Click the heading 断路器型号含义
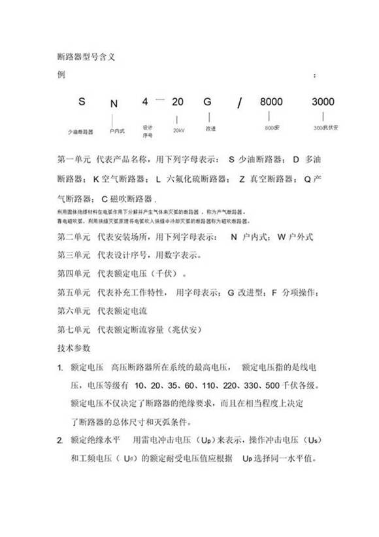87,57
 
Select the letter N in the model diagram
114,103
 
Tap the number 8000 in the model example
271,102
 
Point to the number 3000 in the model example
323,102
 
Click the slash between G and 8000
240,103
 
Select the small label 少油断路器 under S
82,131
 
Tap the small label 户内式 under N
116,131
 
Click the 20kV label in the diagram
178,131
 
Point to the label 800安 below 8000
272,128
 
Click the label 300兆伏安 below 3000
326,128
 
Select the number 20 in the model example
178,102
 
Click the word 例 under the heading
62,75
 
